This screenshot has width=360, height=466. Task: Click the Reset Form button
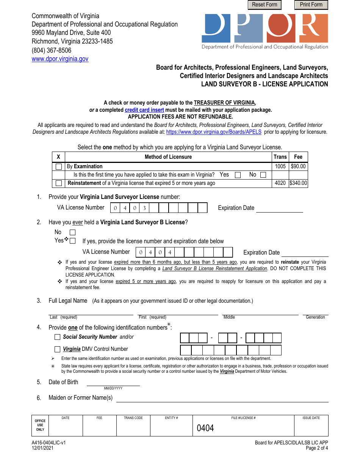(265, 5)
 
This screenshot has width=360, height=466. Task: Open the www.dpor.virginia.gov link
(60, 59)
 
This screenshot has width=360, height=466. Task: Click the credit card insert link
(144, 110)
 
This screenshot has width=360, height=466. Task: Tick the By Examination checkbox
(59, 167)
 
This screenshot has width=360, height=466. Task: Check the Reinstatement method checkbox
(59, 183)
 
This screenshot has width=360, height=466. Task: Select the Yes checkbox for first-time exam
(238, 175)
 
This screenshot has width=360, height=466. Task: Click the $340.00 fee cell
(298, 183)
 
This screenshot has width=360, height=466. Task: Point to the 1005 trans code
(280, 166)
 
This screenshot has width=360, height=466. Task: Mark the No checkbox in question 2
(73, 232)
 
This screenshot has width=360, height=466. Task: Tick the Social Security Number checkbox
(58, 337)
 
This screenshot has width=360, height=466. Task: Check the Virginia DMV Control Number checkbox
(58, 349)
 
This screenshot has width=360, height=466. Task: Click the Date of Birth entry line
(113, 383)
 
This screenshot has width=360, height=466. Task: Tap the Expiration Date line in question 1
(279, 209)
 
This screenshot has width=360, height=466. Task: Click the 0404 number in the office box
(205, 428)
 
